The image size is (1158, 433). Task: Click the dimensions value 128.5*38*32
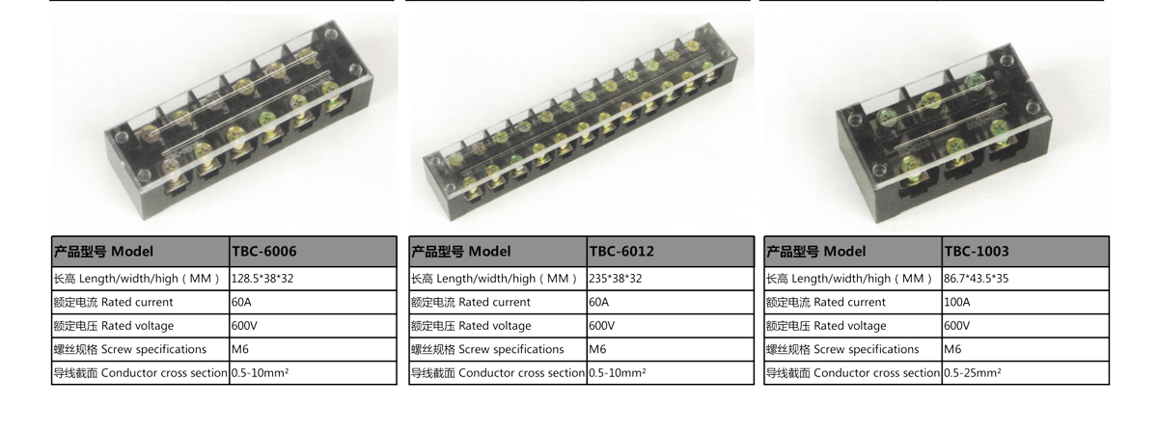[x=262, y=279]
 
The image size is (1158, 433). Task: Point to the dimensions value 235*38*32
[x=616, y=279]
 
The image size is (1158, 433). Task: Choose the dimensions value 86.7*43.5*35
[x=976, y=279]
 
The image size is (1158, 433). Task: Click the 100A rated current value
[x=957, y=302]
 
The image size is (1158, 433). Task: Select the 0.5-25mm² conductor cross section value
[x=973, y=372]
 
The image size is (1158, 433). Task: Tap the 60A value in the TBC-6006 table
[x=241, y=302]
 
